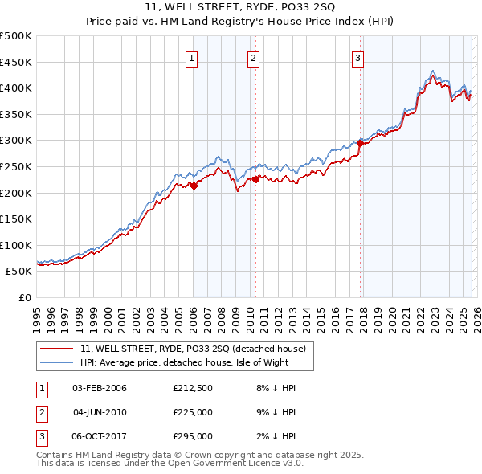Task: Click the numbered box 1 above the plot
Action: (x=194, y=57)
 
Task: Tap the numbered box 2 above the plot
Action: (x=254, y=57)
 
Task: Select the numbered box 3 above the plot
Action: (x=357, y=57)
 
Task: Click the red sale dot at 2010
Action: (x=255, y=180)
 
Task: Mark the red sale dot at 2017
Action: (x=360, y=143)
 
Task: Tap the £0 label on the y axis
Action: (x=24, y=297)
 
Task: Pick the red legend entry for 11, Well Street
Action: (x=193, y=349)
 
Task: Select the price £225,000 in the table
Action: (x=192, y=412)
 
